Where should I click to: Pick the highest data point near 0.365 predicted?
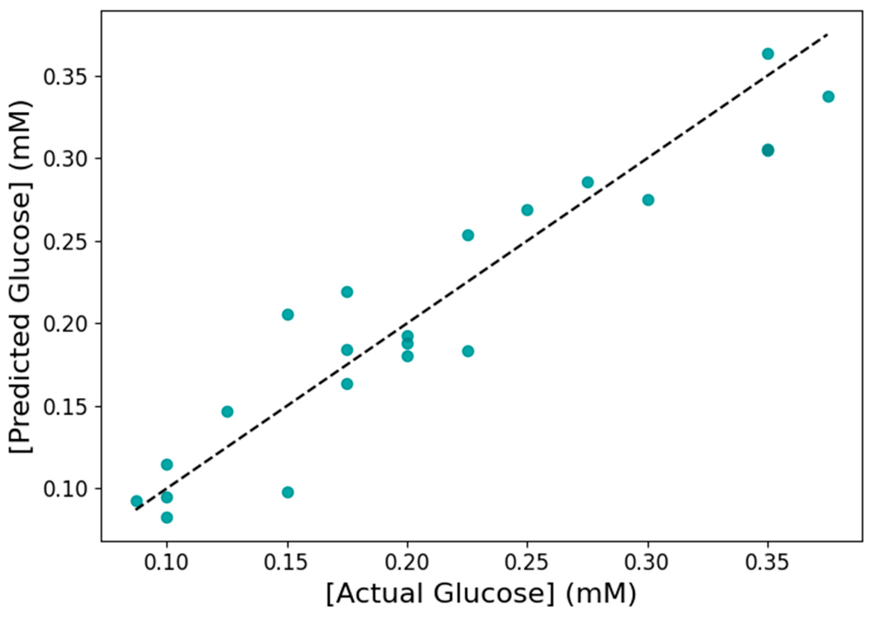pyautogui.click(x=767, y=54)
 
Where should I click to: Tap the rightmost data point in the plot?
pyautogui.click(x=828, y=96)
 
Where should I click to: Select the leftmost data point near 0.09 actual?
pyautogui.click(x=136, y=501)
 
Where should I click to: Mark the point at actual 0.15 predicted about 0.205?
pyautogui.click(x=288, y=315)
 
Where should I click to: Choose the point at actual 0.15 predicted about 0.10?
pyautogui.click(x=288, y=492)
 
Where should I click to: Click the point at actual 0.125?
pyautogui.click(x=227, y=412)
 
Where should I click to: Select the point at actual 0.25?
pyautogui.click(x=527, y=210)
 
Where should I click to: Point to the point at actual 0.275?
pyautogui.click(x=587, y=182)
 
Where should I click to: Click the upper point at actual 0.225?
pyautogui.click(x=468, y=235)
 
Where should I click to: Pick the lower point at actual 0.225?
pyautogui.click(x=468, y=351)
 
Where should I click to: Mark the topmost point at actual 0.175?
pyautogui.click(x=347, y=292)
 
